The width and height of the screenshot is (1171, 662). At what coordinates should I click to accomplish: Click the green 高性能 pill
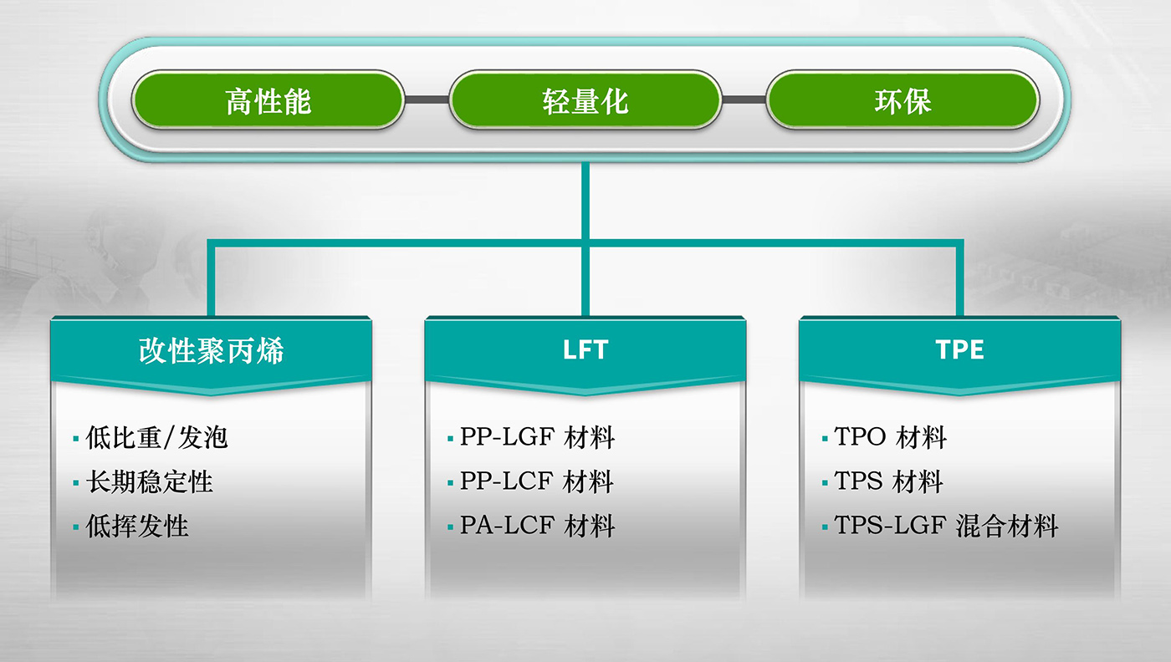[x=268, y=101]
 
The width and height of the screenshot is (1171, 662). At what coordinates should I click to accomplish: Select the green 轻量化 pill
[x=585, y=101]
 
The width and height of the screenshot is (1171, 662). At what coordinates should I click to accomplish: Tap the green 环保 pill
[x=903, y=101]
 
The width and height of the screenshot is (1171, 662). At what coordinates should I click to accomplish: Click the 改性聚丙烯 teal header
[x=211, y=349]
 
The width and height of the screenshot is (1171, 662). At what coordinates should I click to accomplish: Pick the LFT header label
[x=585, y=349]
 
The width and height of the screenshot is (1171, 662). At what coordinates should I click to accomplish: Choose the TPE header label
[x=959, y=349]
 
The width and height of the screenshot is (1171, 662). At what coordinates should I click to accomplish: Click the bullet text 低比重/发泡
[x=156, y=437]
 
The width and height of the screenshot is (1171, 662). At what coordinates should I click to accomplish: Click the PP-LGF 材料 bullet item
[x=537, y=437]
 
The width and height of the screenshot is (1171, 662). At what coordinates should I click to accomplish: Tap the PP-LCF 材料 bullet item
[x=537, y=481]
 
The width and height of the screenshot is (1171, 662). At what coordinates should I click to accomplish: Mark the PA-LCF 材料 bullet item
[x=537, y=526]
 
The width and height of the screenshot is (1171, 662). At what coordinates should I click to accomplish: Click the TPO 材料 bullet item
[x=890, y=437]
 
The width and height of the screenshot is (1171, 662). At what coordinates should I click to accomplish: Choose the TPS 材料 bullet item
[x=888, y=481]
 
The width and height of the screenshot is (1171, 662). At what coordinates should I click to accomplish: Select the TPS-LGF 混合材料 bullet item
[x=946, y=526]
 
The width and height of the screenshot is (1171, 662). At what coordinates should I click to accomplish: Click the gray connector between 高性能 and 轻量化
[x=427, y=100]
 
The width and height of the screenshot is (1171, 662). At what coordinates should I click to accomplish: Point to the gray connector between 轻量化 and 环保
[x=744, y=100]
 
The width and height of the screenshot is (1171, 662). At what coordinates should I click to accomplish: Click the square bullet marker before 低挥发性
[x=76, y=527]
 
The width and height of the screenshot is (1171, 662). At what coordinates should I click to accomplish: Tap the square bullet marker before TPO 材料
[x=826, y=439]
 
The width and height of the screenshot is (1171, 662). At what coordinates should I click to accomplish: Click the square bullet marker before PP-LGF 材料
[x=451, y=439]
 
